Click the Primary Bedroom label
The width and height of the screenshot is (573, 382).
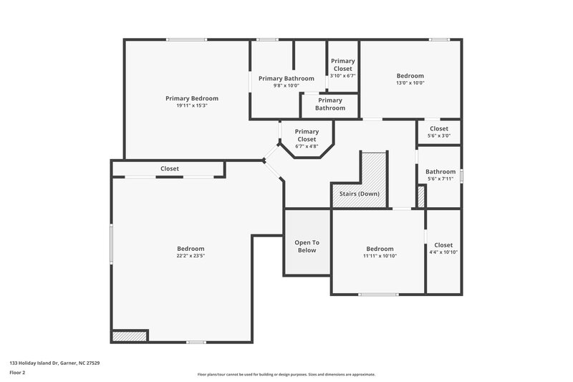tap(191, 98)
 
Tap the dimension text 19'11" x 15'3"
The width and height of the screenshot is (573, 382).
tap(191, 105)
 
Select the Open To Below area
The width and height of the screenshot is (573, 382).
tap(306, 246)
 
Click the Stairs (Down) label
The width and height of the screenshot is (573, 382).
tap(360, 194)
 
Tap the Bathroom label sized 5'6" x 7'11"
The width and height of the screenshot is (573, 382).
tap(440, 172)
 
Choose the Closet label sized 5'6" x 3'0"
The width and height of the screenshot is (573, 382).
tap(438, 128)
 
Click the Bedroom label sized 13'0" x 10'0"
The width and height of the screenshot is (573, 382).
tap(410, 76)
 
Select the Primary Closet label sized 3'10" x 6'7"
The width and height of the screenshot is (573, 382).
tap(342, 65)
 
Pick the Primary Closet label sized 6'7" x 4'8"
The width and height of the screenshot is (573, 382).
tap(307, 135)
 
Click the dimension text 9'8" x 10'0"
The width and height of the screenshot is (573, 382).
tap(286, 85)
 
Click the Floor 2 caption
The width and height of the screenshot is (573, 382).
tap(18, 373)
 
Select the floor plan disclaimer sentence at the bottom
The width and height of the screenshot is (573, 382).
tap(286, 374)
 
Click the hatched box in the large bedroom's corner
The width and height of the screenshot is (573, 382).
tap(130, 335)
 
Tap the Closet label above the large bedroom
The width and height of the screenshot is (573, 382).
tap(170, 168)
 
